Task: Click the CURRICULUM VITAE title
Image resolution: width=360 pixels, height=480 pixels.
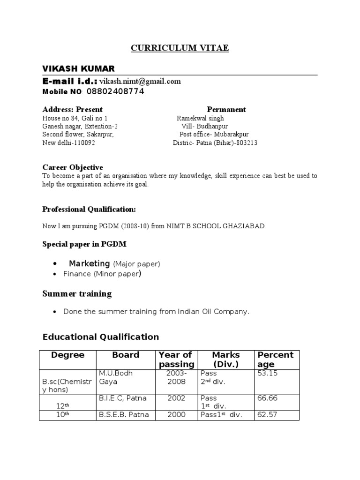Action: pos(180,48)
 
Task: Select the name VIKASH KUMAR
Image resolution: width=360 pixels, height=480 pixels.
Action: pos(78,68)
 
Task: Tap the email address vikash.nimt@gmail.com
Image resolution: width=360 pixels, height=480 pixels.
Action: pos(140,81)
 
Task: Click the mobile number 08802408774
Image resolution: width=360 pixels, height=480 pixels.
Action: pos(115,91)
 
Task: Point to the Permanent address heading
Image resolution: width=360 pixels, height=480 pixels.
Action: pos(226,109)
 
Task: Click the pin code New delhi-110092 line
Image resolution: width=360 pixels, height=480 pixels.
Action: pos(69,143)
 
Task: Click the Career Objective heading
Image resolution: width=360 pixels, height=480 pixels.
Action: pos(73,167)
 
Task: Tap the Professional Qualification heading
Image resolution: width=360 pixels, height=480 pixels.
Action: pos(89,209)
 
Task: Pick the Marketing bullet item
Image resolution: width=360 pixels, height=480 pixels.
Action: pos(114,263)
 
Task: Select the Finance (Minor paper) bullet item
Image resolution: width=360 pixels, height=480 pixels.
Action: pos(102,274)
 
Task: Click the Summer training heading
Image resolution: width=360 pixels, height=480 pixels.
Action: pos(77,294)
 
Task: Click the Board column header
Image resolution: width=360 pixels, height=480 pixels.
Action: pos(126,355)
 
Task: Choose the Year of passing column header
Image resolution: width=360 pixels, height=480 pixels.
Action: pos(176,360)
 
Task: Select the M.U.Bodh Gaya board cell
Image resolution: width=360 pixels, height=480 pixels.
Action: pos(116,377)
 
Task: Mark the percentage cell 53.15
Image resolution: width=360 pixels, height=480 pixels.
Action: pos(267,373)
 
